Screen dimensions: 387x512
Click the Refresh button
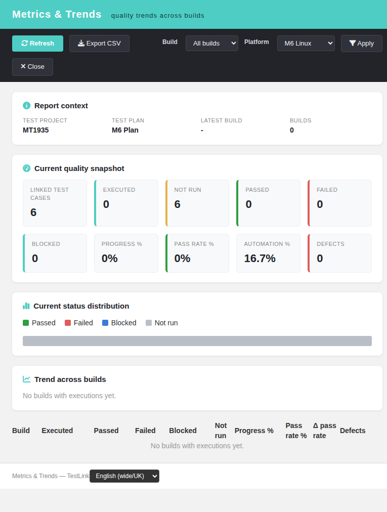(37, 44)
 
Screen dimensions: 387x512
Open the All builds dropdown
(211, 44)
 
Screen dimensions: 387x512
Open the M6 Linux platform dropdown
(306, 44)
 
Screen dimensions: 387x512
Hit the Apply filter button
(362, 44)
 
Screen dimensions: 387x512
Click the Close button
(33, 67)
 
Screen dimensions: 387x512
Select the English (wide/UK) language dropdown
(124, 476)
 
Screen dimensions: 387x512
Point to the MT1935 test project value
(35, 131)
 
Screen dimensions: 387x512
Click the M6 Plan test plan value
(125, 131)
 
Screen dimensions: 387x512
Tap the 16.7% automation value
(260, 259)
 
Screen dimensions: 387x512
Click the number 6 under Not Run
(178, 204)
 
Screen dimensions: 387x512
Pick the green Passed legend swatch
(26, 323)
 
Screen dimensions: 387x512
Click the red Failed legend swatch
(68, 323)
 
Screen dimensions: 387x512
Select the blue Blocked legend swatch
(105, 323)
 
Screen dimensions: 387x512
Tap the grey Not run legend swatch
(149, 323)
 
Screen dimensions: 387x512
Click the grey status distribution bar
(197, 341)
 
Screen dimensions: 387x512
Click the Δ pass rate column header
(324, 431)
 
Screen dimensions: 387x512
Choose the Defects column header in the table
(353, 431)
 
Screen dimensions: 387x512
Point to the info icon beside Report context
(26, 105)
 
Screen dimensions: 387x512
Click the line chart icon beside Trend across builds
(26, 379)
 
